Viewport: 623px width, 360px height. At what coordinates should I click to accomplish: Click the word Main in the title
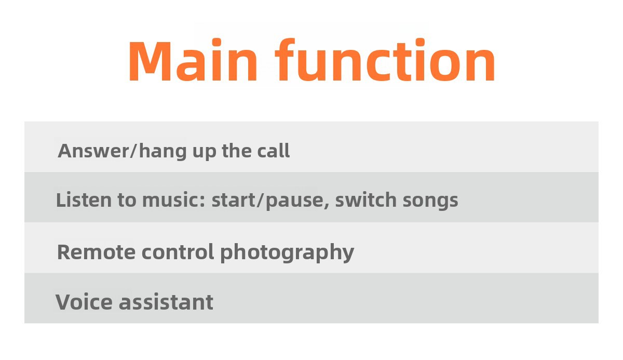tap(193, 60)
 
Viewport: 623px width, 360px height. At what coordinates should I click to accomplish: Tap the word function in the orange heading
tap(385, 60)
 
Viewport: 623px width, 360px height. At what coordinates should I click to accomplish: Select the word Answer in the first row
tap(93, 151)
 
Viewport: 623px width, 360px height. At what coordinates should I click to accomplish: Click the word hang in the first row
tap(162, 152)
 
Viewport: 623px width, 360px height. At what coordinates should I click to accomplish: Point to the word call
tap(274, 151)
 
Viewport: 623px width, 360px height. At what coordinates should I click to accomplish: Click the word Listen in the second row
tap(84, 200)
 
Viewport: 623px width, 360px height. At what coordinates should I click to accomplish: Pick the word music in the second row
tap(171, 200)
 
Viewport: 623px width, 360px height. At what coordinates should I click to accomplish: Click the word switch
tap(365, 200)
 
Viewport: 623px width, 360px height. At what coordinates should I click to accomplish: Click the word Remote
tap(96, 252)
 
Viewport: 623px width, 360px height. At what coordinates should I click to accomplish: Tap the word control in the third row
tap(178, 251)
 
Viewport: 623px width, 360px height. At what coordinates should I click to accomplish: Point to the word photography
tap(287, 253)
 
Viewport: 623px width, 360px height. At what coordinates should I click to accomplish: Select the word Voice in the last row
tap(84, 302)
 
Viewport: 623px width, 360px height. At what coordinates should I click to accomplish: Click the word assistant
tap(166, 302)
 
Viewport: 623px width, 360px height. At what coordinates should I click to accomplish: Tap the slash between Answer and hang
tap(134, 151)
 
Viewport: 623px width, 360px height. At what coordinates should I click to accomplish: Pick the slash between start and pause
tap(261, 200)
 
